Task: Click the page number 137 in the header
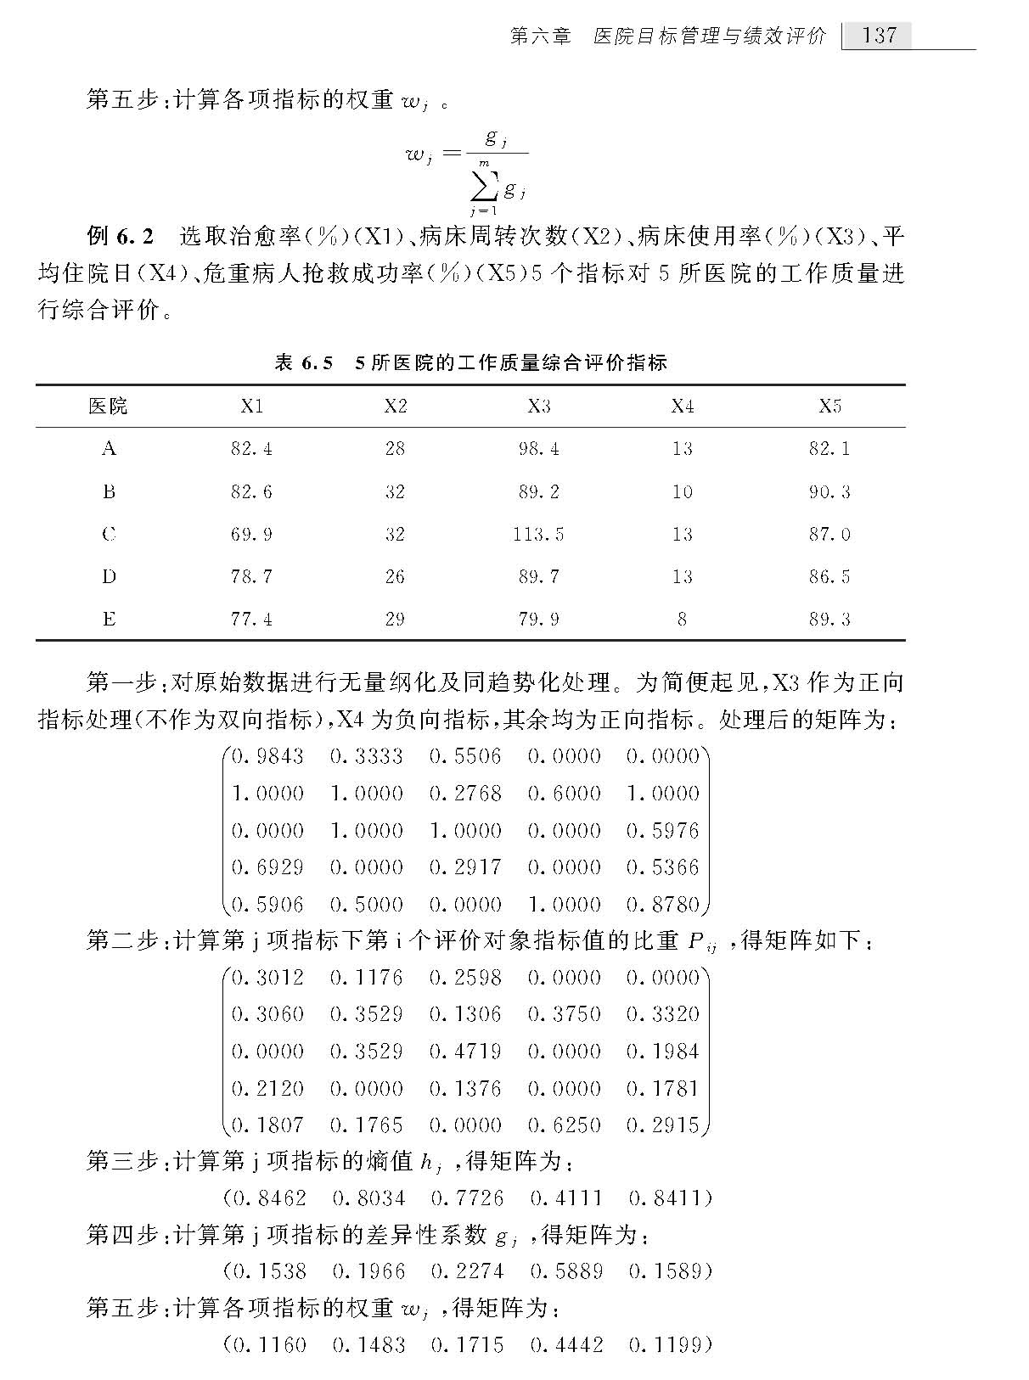pyautogui.click(x=879, y=35)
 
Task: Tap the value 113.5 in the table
pyautogui.click(x=538, y=534)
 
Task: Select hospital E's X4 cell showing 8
pyautogui.click(x=682, y=619)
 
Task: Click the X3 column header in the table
pyautogui.click(x=538, y=406)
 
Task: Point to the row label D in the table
pyautogui.click(x=109, y=576)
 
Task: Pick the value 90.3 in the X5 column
pyautogui.click(x=829, y=491)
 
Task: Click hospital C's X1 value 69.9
pyautogui.click(x=251, y=534)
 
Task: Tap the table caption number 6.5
pyautogui.click(x=316, y=363)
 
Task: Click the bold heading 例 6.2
pyautogui.click(x=121, y=235)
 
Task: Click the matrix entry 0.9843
pyautogui.click(x=268, y=755)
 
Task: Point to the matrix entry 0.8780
pyautogui.click(x=662, y=904)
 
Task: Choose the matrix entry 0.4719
pyautogui.click(x=465, y=1051)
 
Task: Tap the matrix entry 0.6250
pyautogui.click(x=564, y=1125)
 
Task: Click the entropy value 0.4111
pyautogui.click(x=565, y=1198)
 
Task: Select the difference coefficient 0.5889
pyautogui.click(x=565, y=1271)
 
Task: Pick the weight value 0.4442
pyautogui.click(x=565, y=1344)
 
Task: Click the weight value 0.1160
pyautogui.click(x=269, y=1344)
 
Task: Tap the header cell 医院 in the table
pyautogui.click(x=109, y=406)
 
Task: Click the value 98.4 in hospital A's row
pyautogui.click(x=538, y=448)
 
